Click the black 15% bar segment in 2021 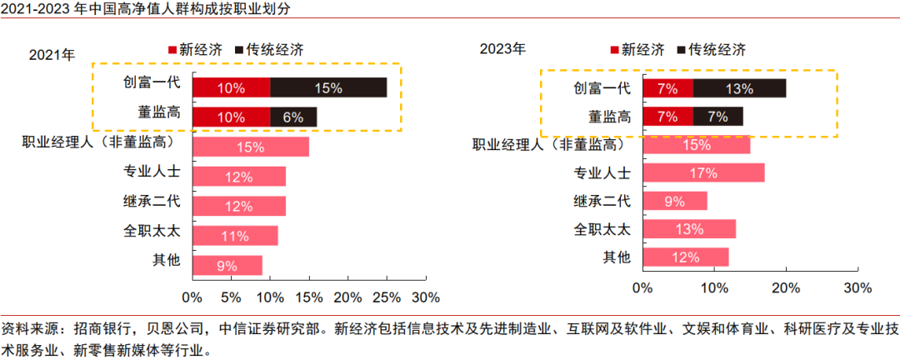coord(328,87)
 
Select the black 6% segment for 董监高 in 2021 coord(293,117)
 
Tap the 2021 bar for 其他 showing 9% coord(227,266)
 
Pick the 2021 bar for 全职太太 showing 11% coord(235,236)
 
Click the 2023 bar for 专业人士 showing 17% coord(703,173)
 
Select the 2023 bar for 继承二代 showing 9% coord(675,201)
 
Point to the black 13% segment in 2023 coord(739,87)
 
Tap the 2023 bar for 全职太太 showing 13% coord(689,229)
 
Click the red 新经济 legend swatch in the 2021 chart coord(173,49)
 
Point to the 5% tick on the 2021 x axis coord(231,297)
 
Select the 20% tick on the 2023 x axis coord(786,288)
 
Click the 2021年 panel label coord(52,56)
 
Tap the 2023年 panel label coord(502,48)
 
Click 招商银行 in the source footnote coord(104,328)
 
